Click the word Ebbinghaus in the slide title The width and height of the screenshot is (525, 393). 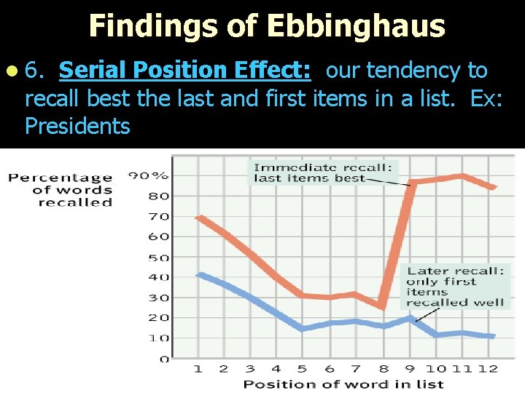tap(355, 26)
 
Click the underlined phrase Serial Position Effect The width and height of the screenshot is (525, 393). tap(185, 71)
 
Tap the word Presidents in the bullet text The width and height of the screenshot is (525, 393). tap(77, 126)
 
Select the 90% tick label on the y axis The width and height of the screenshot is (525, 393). tap(149, 175)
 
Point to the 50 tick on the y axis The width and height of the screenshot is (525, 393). tap(159, 258)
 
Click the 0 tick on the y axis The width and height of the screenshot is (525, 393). tap(164, 359)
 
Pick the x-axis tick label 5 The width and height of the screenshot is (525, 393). tap(302, 369)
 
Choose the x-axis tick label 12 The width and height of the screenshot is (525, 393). tap(488, 369)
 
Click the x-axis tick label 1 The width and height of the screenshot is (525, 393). tap(198, 369)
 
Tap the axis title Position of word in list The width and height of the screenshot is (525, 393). tap(343, 384)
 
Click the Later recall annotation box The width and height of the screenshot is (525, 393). tap(455, 287)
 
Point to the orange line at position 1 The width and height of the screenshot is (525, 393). tap(199, 217)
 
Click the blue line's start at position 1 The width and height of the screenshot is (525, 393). tap(199, 274)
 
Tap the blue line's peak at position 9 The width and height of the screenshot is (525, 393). tap(410, 318)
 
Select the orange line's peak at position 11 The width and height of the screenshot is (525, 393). tap(461, 175)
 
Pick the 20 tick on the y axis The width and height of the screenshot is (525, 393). tap(159, 317)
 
